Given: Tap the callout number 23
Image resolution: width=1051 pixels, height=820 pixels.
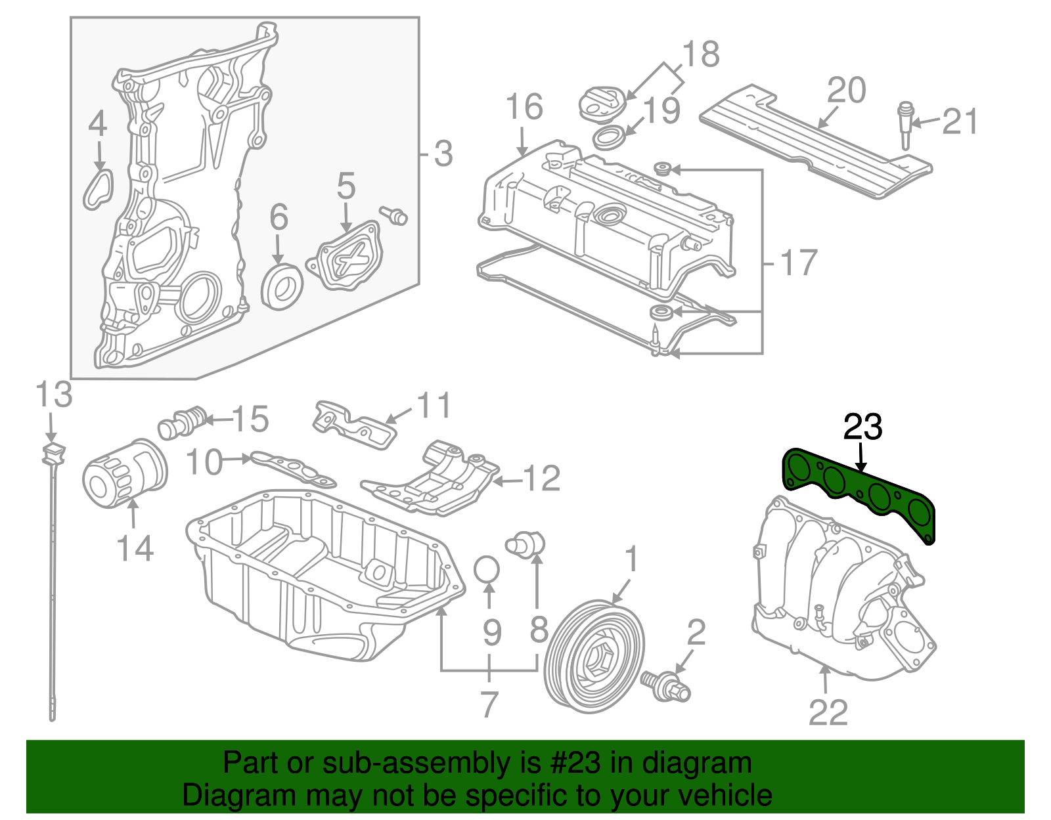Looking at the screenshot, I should click(x=862, y=427).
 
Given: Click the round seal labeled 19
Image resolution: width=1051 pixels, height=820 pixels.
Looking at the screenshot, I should click(x=610, y=139).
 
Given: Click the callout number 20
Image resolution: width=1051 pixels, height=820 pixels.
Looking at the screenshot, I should click(x=846, y=91).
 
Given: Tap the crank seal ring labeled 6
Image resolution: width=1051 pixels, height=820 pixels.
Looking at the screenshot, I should click(x=282, y=287).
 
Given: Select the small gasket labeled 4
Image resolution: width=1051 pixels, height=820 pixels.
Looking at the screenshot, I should click(x=99, y=189).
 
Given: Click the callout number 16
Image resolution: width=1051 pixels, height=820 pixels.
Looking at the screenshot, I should click(x=524, y=107).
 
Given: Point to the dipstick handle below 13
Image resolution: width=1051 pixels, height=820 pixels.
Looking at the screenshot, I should click(x=53, y=453).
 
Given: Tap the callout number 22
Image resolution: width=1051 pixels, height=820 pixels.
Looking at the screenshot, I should click(x=828, y=712).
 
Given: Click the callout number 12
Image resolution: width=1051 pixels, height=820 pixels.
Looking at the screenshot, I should click(x=542, y=479).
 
